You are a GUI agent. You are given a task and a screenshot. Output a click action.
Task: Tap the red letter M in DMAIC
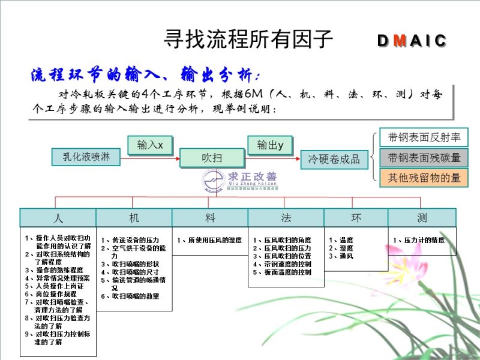click(401, 41)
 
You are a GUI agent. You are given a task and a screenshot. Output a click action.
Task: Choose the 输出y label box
click(270, 145)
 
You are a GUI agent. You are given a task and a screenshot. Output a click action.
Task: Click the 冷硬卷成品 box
click(334, 158)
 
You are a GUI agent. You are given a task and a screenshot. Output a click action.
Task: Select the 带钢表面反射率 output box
click(424, 137)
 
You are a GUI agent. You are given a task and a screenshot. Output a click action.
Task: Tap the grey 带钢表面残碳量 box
click(424, 158)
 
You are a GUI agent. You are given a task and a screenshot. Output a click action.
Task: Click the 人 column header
click(58, 217)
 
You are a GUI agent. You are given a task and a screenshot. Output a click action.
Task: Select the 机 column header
click(134, 217)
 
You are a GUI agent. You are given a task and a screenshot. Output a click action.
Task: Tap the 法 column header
click(286, 217)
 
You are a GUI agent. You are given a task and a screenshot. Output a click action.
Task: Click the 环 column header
click(356, 217)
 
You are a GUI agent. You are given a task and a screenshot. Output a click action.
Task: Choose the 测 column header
click(422, 217)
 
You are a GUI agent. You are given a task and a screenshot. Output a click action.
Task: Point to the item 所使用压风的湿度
click(210, 240)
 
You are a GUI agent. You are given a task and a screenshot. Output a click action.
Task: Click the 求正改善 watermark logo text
click(252, 178)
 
